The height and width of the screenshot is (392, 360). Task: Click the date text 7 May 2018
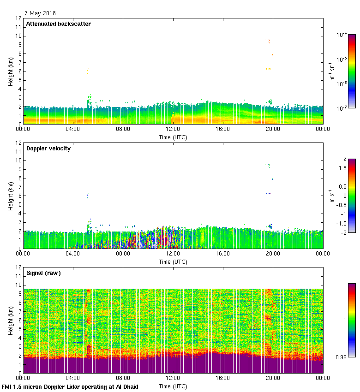click(x=40, y=13)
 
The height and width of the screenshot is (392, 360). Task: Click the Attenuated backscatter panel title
click(x=58, y=24)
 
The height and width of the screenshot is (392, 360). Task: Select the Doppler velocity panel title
click(x=48, y=148)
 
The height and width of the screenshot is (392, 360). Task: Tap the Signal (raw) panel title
click(x=43, y=273)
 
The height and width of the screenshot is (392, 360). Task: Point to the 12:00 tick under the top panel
click(x=173, y=130)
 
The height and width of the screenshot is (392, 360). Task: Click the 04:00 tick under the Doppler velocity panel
click(x=73, y=254)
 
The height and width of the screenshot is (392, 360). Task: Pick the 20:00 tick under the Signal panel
click(x=273, y=379)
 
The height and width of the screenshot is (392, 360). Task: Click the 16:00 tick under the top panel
click(x=223, y=130)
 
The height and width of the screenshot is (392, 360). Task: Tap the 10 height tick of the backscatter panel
click(x=18, y=36)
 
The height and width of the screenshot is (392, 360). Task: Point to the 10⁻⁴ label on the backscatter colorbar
click(x=342, y=35)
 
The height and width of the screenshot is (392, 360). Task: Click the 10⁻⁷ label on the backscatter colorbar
click(x=342, y=108)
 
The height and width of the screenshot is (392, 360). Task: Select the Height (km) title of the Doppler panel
click(x=10, y=196)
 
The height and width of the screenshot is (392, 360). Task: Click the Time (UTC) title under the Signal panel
click(x=173, y=386)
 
